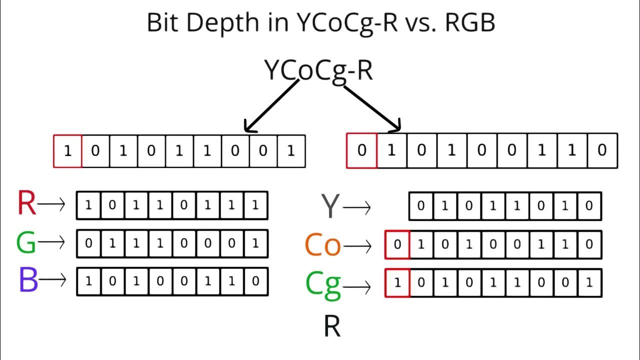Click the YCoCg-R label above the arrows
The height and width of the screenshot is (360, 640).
[318, 70]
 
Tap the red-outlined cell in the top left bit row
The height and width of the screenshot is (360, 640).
[68, 150]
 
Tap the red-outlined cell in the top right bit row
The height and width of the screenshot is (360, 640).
[361, 150]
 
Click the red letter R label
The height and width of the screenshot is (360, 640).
[27, 204]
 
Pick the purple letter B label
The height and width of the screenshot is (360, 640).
[28, 280]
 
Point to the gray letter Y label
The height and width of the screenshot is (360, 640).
[330, 206]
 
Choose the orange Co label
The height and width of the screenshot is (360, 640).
[323, 245]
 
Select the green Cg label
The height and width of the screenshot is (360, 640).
[323, 284]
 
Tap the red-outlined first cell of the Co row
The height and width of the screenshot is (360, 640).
[397, 244]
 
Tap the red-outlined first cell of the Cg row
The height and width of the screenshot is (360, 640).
[397, 283]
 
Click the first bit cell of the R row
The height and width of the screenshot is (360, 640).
[88, 205]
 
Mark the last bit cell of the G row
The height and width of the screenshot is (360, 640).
[255, 243]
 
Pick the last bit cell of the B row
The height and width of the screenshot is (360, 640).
[255, 281]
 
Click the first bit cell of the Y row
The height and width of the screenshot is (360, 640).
[421, 206]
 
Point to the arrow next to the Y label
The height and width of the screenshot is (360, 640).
[356, 207]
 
